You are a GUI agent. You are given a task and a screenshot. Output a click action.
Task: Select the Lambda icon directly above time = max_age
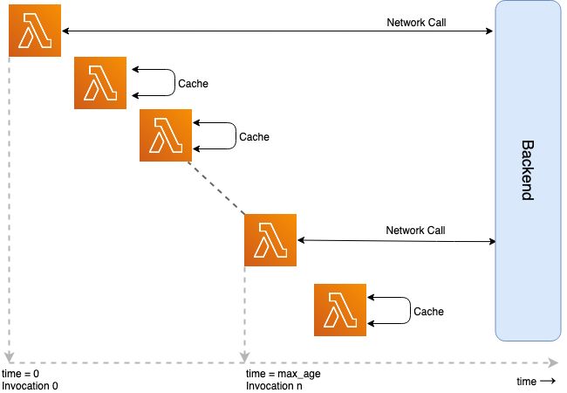coord(271,240)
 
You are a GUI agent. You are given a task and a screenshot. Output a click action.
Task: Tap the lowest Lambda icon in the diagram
coord(339,310)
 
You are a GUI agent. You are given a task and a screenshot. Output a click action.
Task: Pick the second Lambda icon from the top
coord(100,83)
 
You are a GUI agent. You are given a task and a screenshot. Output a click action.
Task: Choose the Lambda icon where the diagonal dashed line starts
coord(165,135)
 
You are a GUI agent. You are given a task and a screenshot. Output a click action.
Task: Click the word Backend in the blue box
coord(526,169)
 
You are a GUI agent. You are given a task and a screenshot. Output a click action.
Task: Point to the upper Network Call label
coord(416,22)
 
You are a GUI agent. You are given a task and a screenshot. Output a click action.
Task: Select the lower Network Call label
coord(415,231)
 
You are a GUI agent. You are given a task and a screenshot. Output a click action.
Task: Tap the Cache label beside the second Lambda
coord(193,84)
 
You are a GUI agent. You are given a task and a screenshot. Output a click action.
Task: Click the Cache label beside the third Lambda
coord(254,137)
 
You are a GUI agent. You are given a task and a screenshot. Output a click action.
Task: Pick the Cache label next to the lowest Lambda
coord(428,311)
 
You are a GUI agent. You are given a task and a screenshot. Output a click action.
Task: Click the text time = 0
coord(21,373)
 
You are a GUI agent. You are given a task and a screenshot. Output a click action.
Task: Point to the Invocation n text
coord(274,385)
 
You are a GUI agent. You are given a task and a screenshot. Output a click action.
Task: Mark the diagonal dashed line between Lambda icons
coord(218,188)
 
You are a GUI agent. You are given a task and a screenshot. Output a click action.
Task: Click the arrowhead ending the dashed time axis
coord(554,361)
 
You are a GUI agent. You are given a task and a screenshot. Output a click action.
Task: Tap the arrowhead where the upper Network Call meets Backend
coord(490,31)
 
